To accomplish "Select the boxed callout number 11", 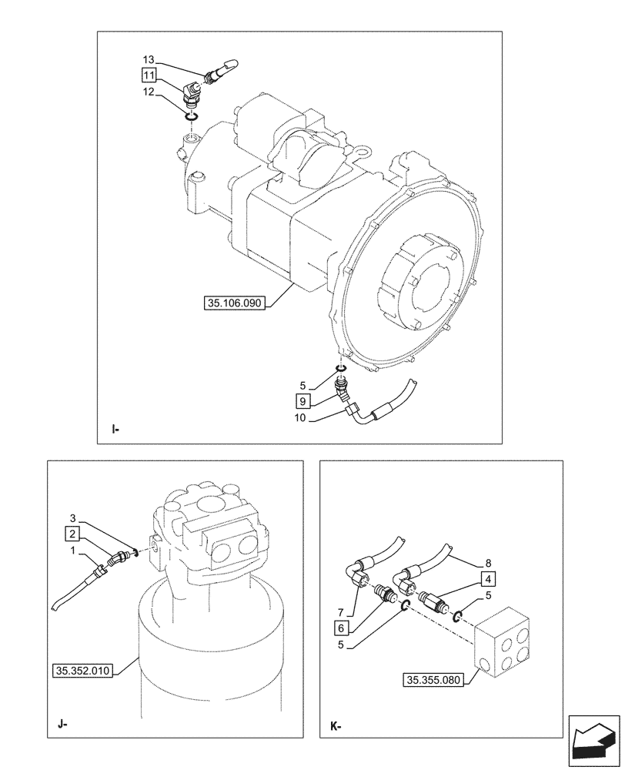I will [x=148, y=75].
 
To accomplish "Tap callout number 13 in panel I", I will [x=148, y=60].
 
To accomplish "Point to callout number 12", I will [x=148, y=91].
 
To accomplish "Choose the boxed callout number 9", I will [x=302, y=400].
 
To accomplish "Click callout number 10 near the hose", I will [x=301, y=417].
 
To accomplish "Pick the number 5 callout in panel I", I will [x=302, y=385].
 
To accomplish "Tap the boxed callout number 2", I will [x=72, y=533].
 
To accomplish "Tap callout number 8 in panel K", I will [x=488, y=562].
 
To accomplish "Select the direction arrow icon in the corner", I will [x=593, y=740].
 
